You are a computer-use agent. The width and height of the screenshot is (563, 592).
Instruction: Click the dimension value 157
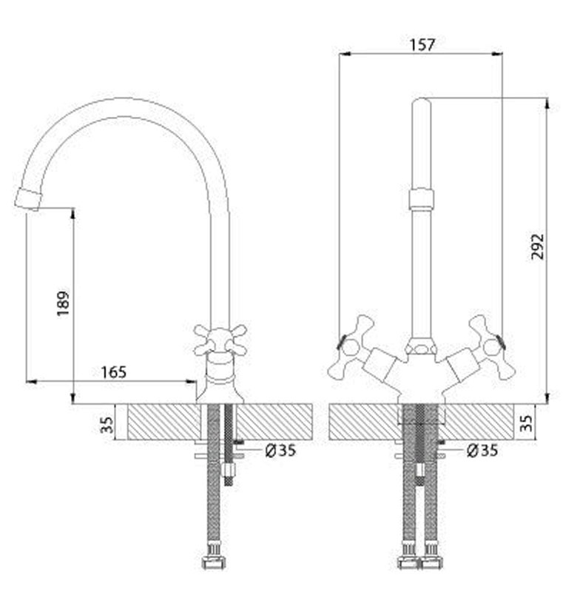click(x=422, y=44)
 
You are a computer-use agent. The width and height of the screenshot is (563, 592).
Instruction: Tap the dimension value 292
click(x=538, y=246)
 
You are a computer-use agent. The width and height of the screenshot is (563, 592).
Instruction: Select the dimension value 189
click(x=63, y=303)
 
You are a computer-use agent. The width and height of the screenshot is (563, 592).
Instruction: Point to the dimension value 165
click(x=114, y=372)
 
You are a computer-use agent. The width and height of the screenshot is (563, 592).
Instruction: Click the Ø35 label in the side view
click(x=280, y=450)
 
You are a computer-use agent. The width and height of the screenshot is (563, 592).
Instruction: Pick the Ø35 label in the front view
click(x=482, y=450)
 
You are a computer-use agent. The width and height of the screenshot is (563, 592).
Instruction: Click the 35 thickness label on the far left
click(x=107, y=425)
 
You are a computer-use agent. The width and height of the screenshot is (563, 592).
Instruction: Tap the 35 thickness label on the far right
click(x=526, y=423)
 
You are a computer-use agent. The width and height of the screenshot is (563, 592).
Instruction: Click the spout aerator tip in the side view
click(x=27, y=198)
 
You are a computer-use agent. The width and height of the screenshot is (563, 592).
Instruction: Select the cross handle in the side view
click(x=220, y=340)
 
